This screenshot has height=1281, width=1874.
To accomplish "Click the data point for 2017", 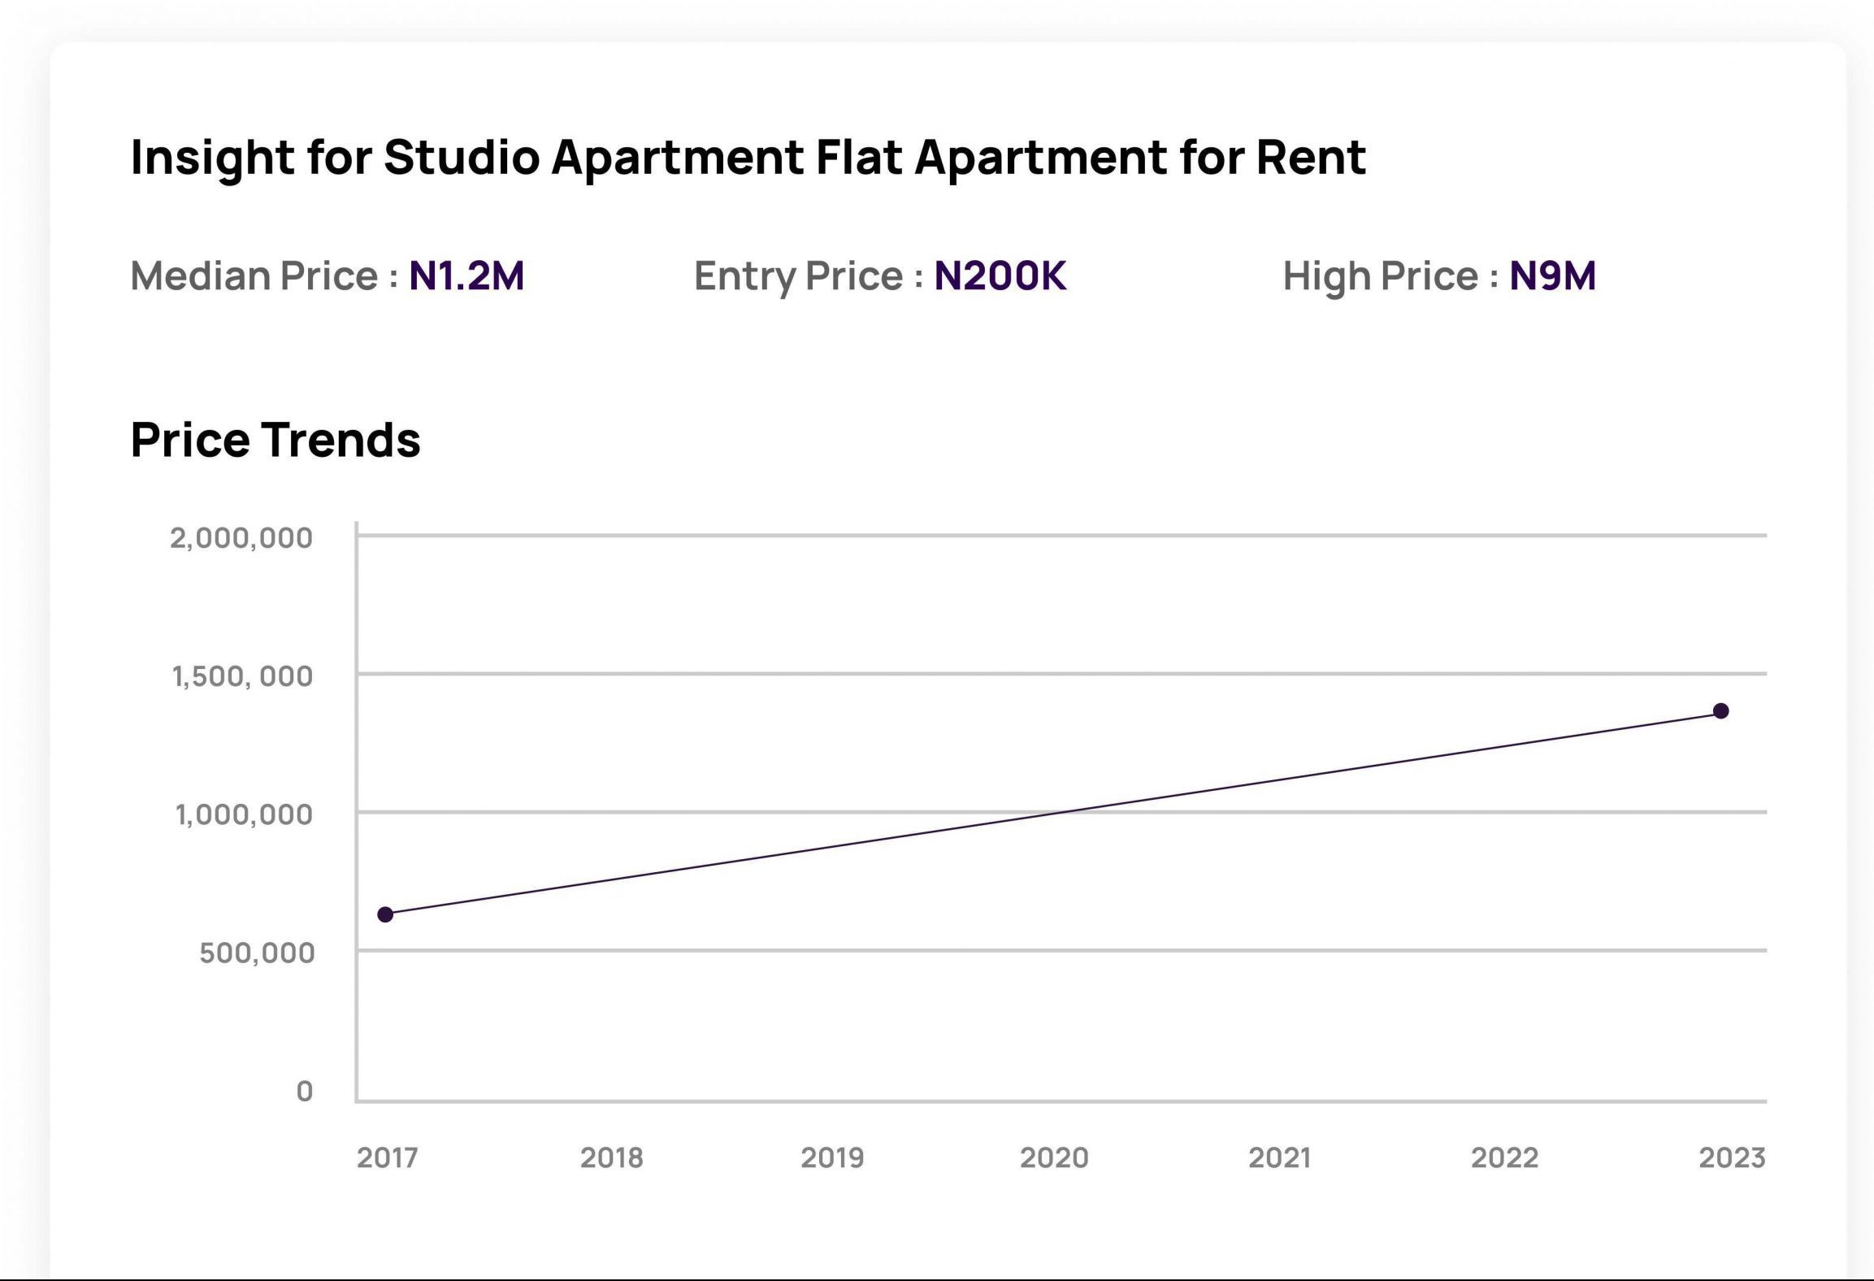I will click(385, 914).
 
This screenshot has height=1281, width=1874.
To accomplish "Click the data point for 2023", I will click(1720, 711).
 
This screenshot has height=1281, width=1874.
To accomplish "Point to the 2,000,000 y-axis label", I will click(241, 537).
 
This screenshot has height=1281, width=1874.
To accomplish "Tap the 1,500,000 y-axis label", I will click(242, 675).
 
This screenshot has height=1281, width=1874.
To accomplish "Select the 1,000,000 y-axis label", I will click(244, 814).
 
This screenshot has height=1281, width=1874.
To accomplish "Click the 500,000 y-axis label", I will click(257, 952).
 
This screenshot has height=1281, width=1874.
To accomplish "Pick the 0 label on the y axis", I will click(305, 1091).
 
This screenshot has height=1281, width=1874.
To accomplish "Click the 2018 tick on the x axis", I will click(611, 1157).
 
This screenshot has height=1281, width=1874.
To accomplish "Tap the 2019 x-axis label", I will click(832, 1157).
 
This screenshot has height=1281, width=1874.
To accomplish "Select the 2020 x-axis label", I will click(1054, 1157).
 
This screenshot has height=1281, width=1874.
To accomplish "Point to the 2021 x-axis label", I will click(1279, 1157).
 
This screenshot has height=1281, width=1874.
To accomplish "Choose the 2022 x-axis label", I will click(1504, 1157).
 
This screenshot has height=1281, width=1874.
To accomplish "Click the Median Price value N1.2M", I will click(466, 276).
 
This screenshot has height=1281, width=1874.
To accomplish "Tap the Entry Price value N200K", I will click(1000, 276).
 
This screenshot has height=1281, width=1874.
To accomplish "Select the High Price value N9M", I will click(1552, 276).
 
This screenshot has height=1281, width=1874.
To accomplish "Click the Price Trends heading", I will click(275, 440).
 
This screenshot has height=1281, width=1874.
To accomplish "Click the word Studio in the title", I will click(462, 156).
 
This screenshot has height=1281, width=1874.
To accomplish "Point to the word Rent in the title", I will click(1311, 156).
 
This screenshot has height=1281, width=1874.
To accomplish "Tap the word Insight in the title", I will click(212, 156).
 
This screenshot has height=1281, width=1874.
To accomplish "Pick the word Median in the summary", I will click(201, 276).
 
